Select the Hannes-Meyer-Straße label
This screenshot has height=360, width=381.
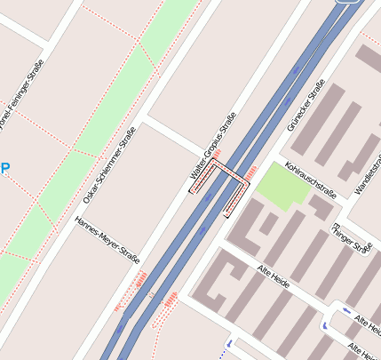pyautogui.click(x=107, y=240)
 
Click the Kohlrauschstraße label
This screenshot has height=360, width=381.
pyautogui.click(x=312, y=179)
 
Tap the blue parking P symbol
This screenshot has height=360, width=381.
pyautogui.click(x=4, y=167)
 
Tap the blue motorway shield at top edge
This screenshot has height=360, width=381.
pyautogui.click(x=348, y=3)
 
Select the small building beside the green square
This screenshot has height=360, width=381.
pyautogui.click(x=321, y=206)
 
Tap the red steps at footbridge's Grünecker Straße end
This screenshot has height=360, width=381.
pyautogui.click(x=251, y=170)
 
